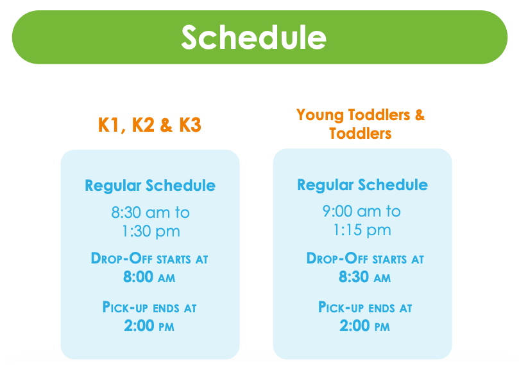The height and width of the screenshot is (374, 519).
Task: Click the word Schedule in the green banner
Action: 254,37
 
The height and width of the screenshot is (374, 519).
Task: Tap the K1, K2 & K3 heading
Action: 149,125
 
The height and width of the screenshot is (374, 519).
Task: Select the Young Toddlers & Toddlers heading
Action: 361,124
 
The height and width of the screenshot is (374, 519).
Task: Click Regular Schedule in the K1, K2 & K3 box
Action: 150,185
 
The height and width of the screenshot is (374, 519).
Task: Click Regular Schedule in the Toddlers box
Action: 362,184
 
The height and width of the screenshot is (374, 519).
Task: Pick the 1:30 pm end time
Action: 151,231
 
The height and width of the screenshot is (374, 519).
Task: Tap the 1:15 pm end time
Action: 362,230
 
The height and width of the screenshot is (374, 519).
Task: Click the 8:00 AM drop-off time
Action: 149,276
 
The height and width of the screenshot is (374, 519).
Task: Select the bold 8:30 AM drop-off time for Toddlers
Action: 365,276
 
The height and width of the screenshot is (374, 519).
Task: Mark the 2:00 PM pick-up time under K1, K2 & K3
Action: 149,326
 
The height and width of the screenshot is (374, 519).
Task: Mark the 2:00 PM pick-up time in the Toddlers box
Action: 365,326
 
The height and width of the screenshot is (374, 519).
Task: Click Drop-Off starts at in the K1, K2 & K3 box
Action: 149,258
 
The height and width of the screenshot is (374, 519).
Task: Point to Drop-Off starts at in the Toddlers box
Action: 365,258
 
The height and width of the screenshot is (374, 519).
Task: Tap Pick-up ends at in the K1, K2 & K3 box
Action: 149,307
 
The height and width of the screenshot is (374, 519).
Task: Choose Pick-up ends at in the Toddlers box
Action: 365,307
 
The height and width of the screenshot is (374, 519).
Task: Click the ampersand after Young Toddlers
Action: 420,115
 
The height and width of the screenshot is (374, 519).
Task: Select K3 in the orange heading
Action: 190,125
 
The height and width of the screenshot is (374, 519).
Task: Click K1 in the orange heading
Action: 108,125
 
